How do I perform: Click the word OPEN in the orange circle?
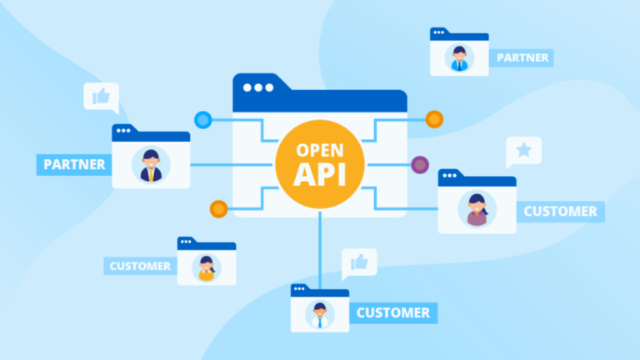[320, 150]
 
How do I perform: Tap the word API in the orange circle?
[320, 174]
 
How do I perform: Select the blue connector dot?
[202, 120]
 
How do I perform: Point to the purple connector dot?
[420, 165]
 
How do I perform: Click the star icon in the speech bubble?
[523, 150]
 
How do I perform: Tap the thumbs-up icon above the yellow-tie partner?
[101, 97]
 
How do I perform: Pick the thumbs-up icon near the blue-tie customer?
[359, 262]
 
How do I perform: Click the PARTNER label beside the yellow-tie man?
[74, 164]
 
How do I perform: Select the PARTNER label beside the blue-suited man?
[522, 58]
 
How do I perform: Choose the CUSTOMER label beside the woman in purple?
[560, 212]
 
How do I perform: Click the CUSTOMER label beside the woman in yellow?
[140, 266]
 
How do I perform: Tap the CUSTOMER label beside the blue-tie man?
[393, 313]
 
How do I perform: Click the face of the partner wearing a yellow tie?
[151, 161]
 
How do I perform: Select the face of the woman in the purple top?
[477, 205]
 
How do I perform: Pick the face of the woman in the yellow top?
[206, 264]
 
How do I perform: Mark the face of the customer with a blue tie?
[320, 311]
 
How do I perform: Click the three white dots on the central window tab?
[258, 87]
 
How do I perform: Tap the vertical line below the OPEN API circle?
[320, 250]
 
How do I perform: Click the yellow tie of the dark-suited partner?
[151, 175]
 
